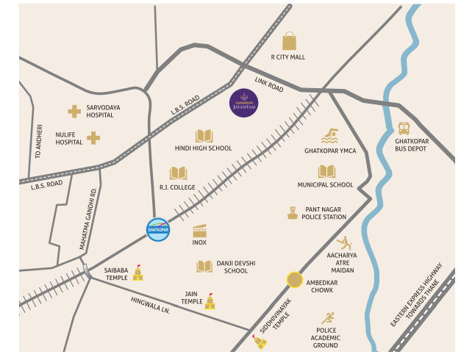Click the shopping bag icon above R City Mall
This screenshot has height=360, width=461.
click(x=289, y=40)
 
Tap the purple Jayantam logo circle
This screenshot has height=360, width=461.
click(x=243, y=103)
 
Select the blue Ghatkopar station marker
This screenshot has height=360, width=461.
click(x=158, y=230)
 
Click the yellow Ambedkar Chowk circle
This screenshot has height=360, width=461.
click(x=295, y=280)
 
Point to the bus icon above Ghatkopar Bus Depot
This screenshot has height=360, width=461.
click(x=404, y=129)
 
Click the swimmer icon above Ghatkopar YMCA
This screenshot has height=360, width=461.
click(x=330, y=137)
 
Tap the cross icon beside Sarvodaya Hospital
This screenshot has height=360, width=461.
click(x=74, y=111)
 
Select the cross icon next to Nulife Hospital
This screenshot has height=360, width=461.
click(x=93, y=137)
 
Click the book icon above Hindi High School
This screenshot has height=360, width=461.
click(x=204, y=136)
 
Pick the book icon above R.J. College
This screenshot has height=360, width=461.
click(x=178, y=173)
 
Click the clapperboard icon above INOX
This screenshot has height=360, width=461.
click(x=199, y=230)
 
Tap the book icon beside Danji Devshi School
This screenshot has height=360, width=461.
click(x=204, y=266)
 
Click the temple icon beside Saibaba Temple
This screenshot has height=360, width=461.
click(x=137, y=273)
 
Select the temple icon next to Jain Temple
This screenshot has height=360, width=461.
click(x=210, y=300)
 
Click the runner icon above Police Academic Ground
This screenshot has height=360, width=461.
click(x=327, y=318)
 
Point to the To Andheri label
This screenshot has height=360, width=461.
click(x=39, y=143)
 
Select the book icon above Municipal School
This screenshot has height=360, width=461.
click(x=326, y=172)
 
